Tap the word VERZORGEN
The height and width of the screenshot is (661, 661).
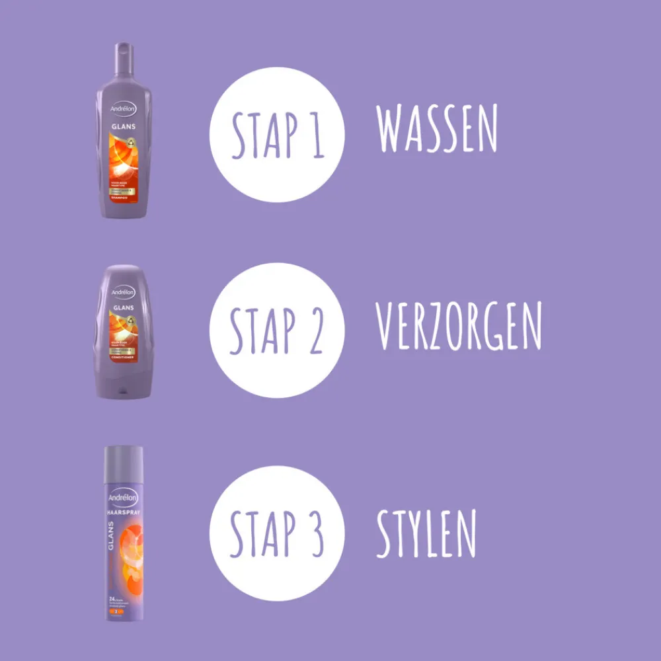(x=458, y=328)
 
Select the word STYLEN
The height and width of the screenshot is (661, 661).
(x=426, y=533)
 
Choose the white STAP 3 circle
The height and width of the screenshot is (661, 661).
(x=277, y=533)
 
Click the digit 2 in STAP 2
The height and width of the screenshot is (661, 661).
(x=315, y=330)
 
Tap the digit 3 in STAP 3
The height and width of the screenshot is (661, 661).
(x=315, y=533)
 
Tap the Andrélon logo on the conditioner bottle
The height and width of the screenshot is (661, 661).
(x=123, y=292)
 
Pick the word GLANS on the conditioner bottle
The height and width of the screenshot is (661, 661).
(x=123, y=307)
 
